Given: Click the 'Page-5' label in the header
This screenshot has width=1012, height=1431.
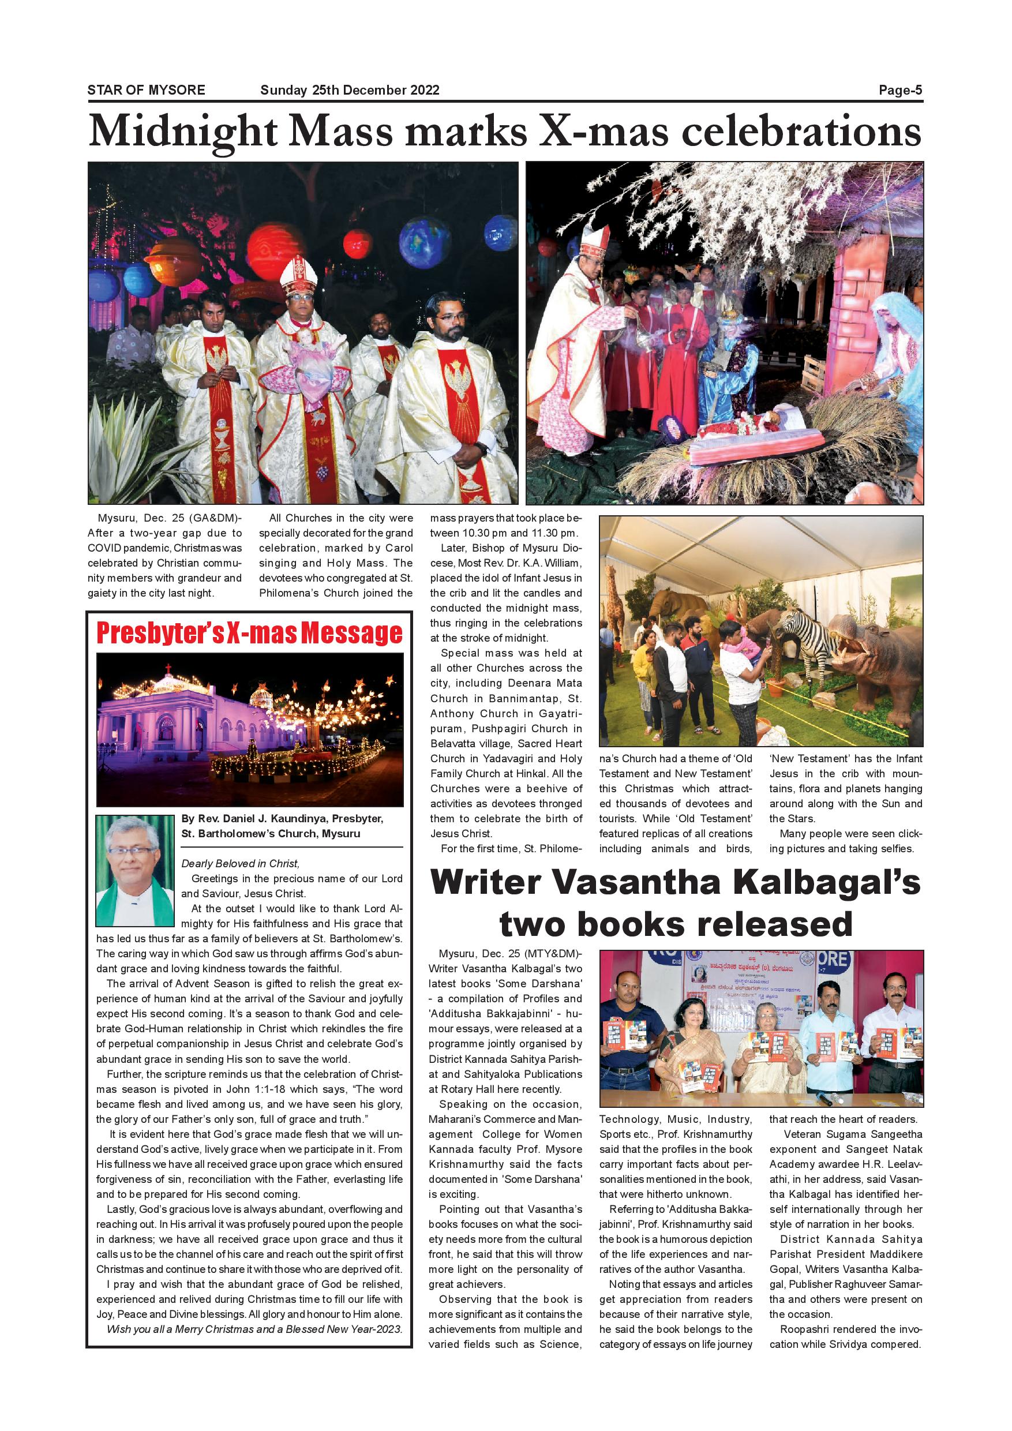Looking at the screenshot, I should (x=900, y=91).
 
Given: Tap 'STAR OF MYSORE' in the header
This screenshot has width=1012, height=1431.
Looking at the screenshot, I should (x=146, y=91).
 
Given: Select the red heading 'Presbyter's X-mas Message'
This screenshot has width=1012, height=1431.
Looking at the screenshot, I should (x=249, y=633).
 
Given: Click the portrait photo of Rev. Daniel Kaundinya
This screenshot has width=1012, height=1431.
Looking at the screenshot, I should (x=134, y=870).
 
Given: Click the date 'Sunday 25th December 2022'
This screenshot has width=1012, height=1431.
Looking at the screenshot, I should (x=350, y=91).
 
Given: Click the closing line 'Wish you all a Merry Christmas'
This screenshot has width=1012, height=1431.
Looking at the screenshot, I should (x=254, y=1329).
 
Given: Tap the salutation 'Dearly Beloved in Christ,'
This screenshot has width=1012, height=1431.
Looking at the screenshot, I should (x=241, y=863).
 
